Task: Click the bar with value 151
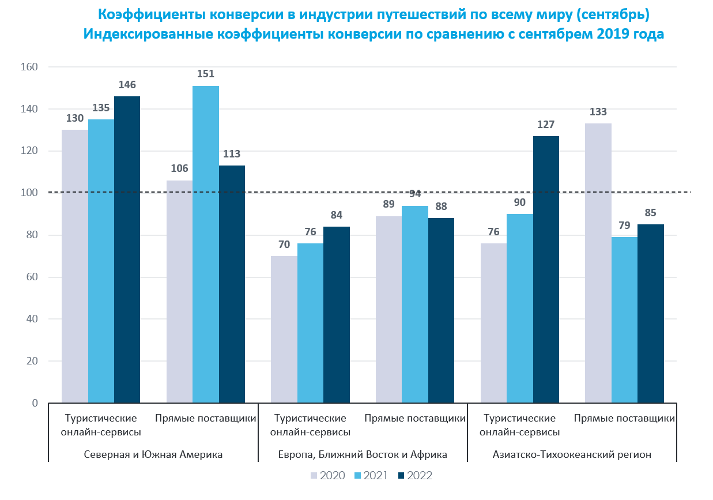pyautogui.click(x=206, y=245)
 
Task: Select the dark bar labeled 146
pyautogui.click(x=127, y=249)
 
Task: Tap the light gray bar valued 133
pyautogui.click(x=598, y=263)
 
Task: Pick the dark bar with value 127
pyautogui.click(x=546, y=269)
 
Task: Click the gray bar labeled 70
pyautogui.click(x=284, y=329)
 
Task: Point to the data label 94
pyautogui.click(x=415, y=193)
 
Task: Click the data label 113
pyautogui.click(x=232, y=154)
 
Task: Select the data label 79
pyautogui.click(x=624, y=225)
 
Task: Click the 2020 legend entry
pyautogui.click(x=328, y=476)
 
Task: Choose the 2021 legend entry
pyautogui.click(x=371, y=476)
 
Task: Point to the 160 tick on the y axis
pyautogui.click(x=29, y=67)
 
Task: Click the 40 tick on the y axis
pyautogui.click(x=32, y=319)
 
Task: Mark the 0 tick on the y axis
pyautogui.click(x=35, y=403)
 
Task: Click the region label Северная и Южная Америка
pyautogui.click(x=153, y=454)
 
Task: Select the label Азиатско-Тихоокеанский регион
pyautogui.click(x=572, y=454)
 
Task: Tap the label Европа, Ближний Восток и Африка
pyautogui.click(x=363, y=454)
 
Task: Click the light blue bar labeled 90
pyautogui.click(x=519, y=309)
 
